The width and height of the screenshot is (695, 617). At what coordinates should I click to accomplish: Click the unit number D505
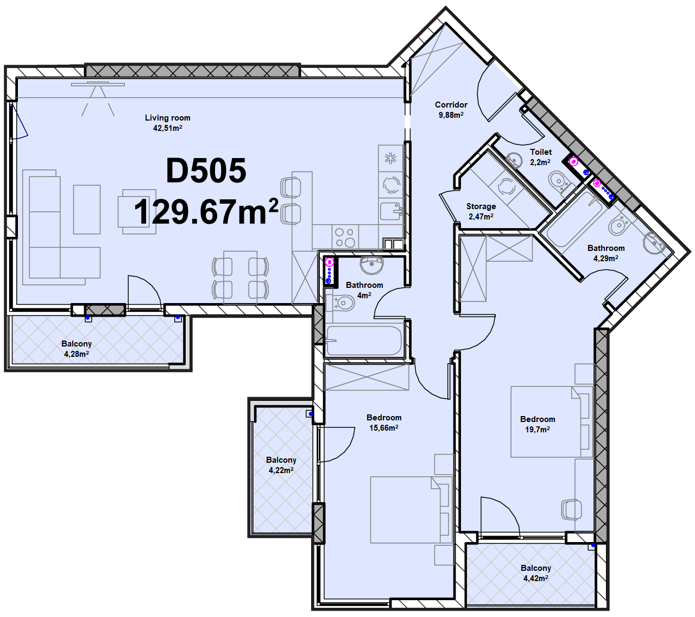coord(206,171)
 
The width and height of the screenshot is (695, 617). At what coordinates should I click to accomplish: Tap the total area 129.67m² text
coord(206,212)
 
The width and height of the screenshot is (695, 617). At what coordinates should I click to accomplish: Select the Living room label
coord(167,118)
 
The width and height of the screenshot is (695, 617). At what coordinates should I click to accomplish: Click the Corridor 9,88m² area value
coord(451,115)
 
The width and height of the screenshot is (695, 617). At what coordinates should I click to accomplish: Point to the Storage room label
coord(481,206)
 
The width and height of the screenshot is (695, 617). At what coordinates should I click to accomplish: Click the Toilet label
coord(541,152)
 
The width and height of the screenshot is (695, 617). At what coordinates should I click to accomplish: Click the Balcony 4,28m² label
coord(77,349)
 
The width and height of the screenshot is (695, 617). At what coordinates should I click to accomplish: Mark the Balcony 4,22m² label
coord(281,465)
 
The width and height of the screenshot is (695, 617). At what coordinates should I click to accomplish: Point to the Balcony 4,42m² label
coord(536,573)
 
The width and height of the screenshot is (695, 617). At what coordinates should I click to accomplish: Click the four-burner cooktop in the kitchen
coord(345,237)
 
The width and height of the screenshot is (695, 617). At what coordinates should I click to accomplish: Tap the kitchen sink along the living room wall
coord(391,211)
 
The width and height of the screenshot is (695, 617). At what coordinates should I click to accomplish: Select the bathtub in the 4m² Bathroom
coord(364,341)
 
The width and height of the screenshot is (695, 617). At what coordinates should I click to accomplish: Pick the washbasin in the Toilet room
coord(514,160)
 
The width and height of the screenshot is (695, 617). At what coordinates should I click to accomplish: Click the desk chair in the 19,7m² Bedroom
coord(572,509)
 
